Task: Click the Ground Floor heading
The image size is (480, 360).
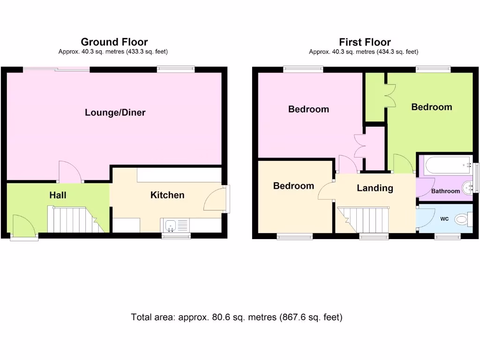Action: tap(114, 42)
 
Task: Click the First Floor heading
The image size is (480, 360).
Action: tap(365, 42)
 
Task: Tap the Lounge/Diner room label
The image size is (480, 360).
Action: tap(115, 112)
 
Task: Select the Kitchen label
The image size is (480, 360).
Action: tap(167, 195)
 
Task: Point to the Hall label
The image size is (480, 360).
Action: tap(58, 195)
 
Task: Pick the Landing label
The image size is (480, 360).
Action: tap(375, 188)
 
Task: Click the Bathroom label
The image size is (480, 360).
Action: tap(445, 191)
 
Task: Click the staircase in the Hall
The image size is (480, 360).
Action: tap(75, 220)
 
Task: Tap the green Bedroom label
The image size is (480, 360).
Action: tap(431, 107)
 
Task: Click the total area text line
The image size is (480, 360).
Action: tap(237, 317)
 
